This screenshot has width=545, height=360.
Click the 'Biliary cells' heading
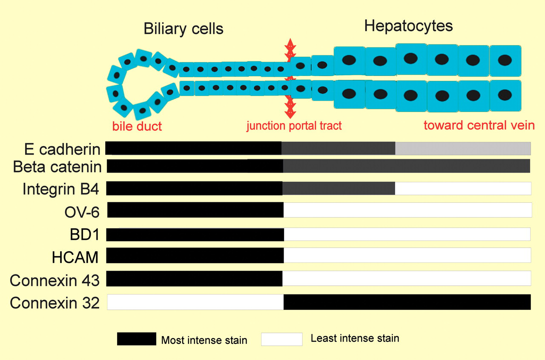[x=184, y=29]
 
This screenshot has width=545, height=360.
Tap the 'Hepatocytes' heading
[x=408, y=26]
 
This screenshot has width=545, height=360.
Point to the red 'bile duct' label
[x=137, y=126]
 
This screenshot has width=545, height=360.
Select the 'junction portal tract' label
[x=294, y=126]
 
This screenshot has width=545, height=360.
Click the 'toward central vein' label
[x=479, y=125]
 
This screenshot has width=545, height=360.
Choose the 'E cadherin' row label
[x=62, y=149]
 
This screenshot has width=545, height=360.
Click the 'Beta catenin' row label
[x=57, y=167]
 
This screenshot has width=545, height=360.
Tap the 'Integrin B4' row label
[x=60, y=189]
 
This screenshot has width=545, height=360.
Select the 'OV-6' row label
[x=82, y=212]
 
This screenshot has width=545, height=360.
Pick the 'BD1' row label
[x=85, y=235]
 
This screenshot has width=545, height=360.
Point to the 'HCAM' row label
[x=75, y=257]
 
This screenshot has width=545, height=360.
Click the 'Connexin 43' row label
[x=54, y=280]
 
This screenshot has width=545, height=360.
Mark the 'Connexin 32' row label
[x=54, y=303]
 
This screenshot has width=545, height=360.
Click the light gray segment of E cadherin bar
[x=463, y=149]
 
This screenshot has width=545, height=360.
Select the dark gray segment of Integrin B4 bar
[x=338, y=188]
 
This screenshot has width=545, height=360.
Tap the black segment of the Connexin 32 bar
[x=407, y=302]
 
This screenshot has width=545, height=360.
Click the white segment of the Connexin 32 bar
[x=195, y=302]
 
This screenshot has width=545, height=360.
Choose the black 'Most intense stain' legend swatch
[x=137, y=339]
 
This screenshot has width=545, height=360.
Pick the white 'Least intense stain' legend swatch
[x=282, y=339]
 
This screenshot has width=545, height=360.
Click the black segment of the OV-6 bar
[x=195, y=210]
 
